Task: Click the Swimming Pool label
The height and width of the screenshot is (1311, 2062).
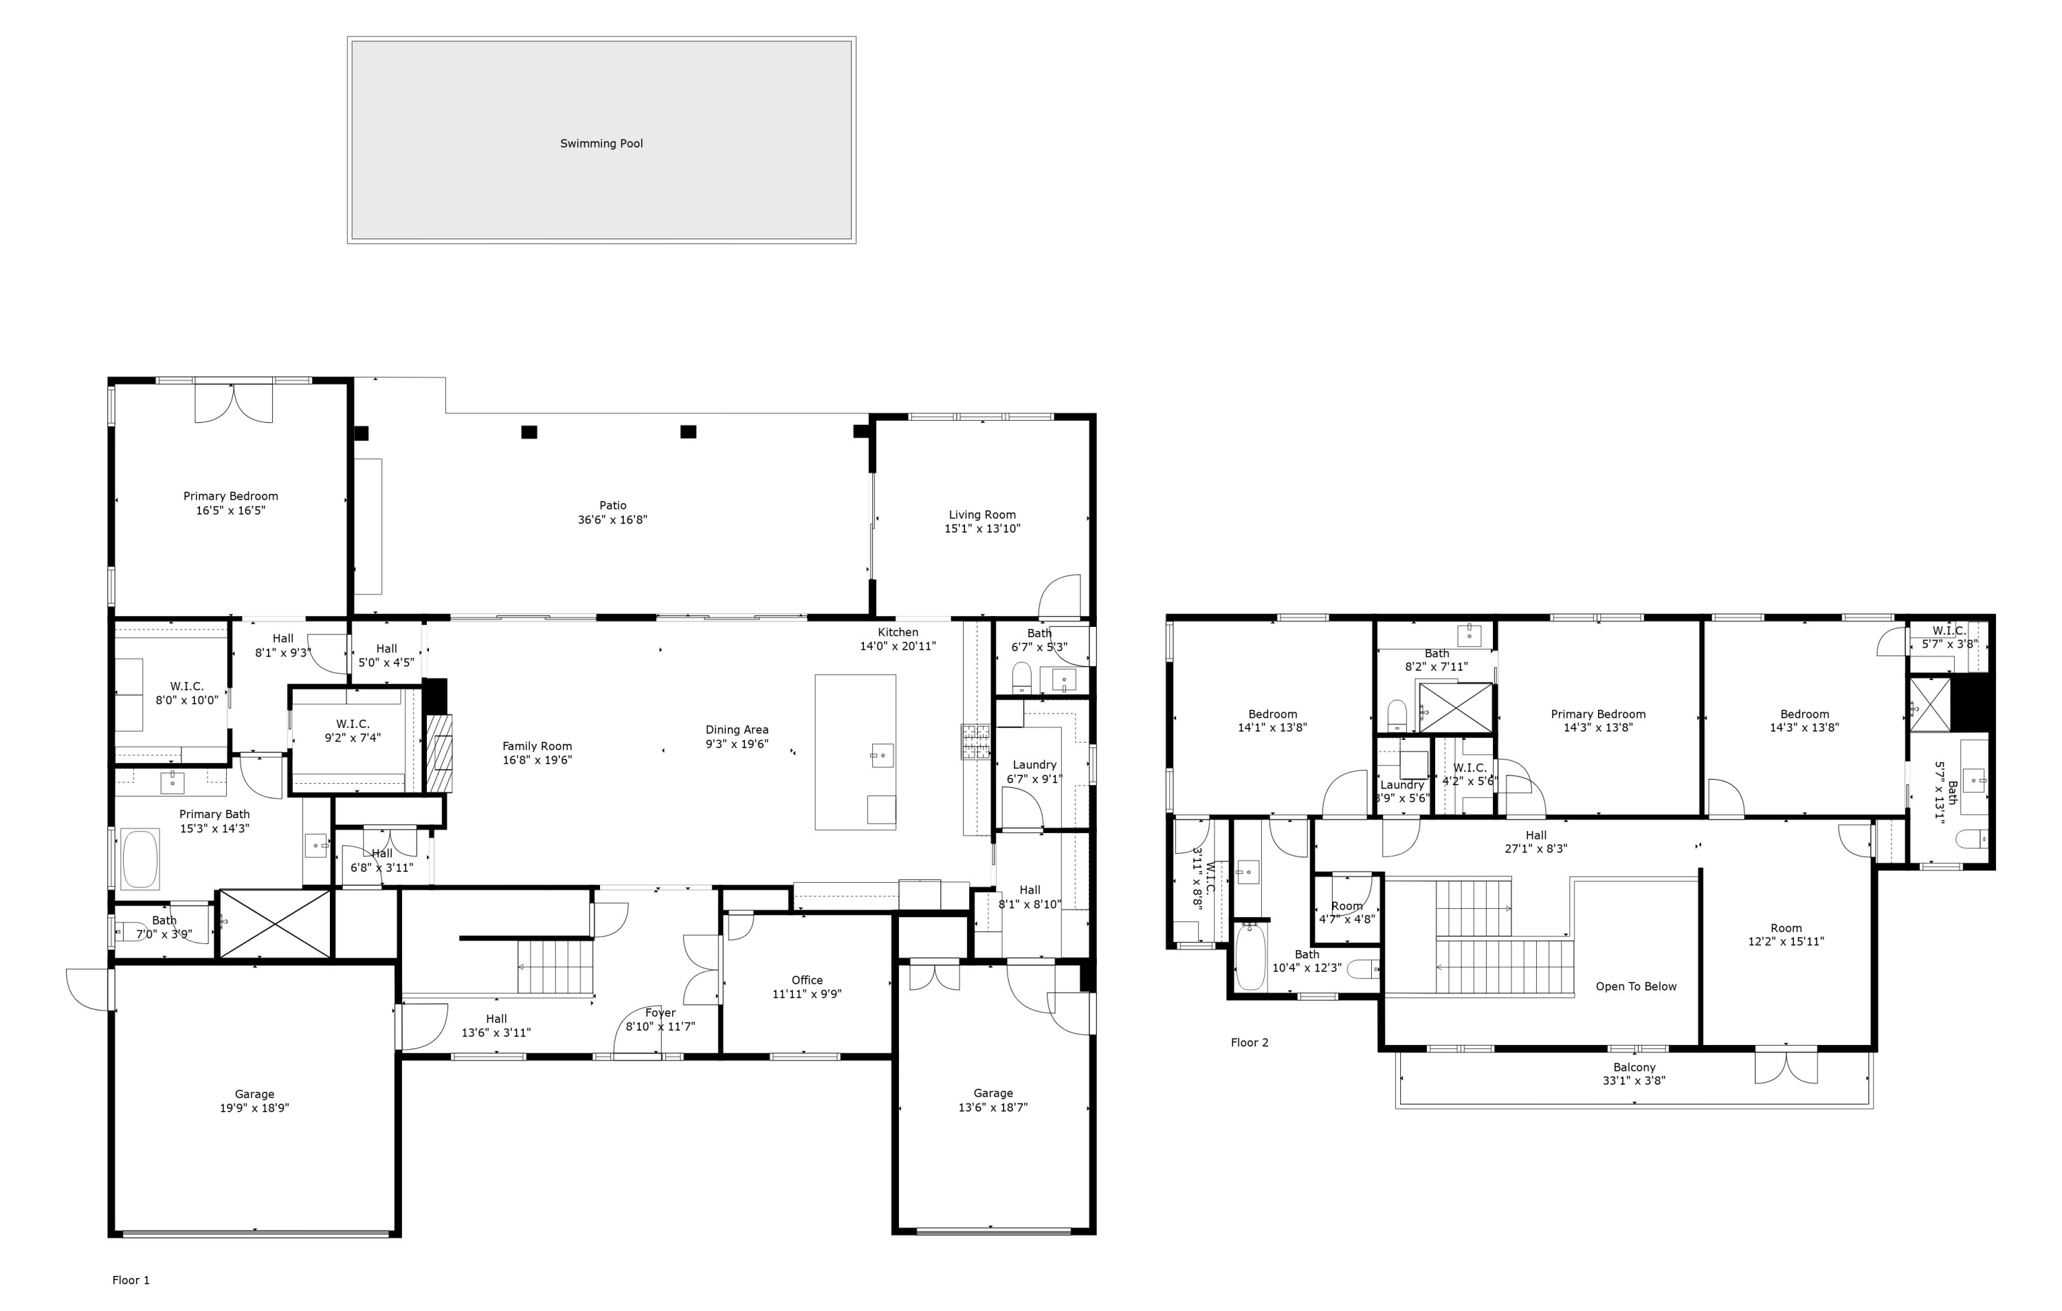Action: pos(601,143)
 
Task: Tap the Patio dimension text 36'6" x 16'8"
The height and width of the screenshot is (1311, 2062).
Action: pos(612,520)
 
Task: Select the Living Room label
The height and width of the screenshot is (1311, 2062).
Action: pos(982,515)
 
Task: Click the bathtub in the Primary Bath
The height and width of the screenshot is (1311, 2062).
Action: pos(140,858)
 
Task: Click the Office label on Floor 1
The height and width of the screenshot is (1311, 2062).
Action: pos(807,980)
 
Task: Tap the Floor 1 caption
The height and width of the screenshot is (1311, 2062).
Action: pos(131,1280)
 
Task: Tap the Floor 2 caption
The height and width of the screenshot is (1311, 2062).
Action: pos(1250,1042)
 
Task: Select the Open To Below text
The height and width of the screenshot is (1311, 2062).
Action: pos(1636,987)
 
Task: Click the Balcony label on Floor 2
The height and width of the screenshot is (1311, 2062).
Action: pos(1634,1067)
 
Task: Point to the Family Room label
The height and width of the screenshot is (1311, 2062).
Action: pos(537,746)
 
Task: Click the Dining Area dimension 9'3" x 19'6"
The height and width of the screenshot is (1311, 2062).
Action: pos(736,744)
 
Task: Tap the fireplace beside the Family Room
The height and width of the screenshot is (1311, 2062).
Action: pos(439,752)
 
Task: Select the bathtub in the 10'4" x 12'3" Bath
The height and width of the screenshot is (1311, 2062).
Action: pos(1250,958)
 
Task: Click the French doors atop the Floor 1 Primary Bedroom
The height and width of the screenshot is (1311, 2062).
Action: pos(234,402)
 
